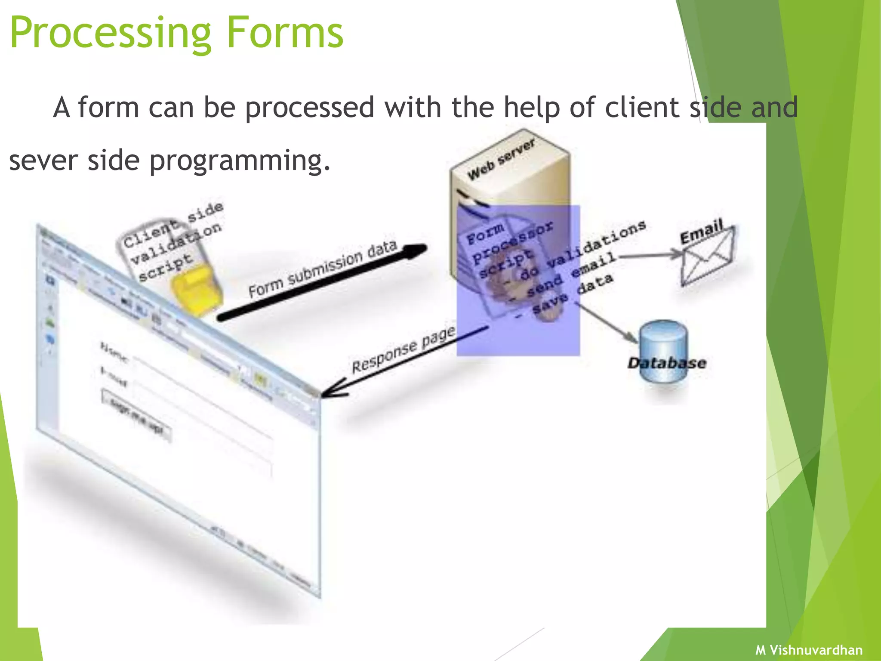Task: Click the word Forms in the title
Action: pyautogui.click(x=284, y=33)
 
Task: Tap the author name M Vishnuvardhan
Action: pyautogui.click(x=809, y=650)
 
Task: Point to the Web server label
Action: pyautogui.click(x=502, y=160)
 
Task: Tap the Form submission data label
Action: pyautogui.click(x=322, y=269)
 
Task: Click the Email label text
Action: pyautogui.click(x=701, y=231)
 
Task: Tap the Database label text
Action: pyautogui.click(x=667, y=363)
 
